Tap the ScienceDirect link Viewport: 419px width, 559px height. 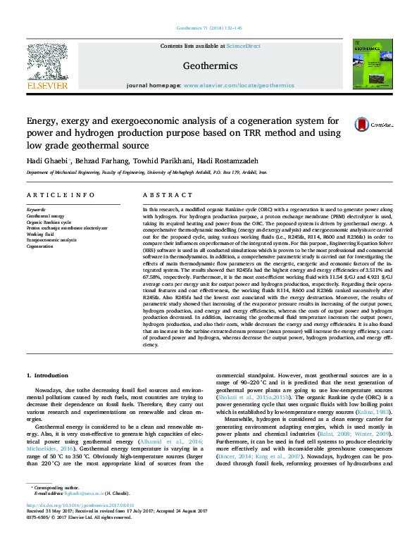[x=244, y=46]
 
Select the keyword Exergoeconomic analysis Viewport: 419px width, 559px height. [x=51, y=240]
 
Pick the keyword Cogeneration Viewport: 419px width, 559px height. [x=40, y=246]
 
